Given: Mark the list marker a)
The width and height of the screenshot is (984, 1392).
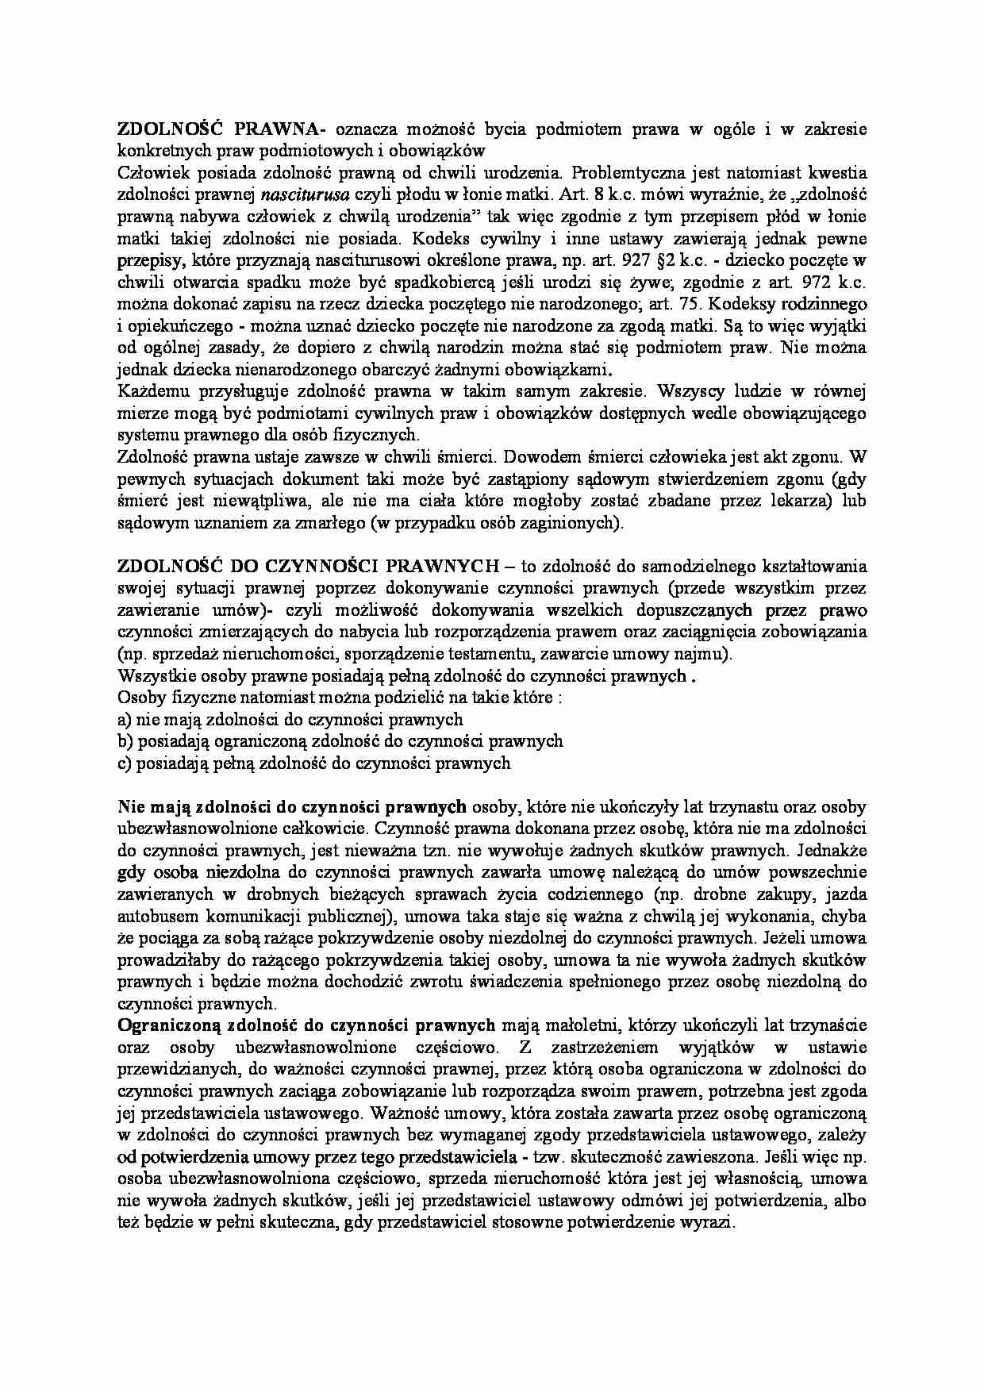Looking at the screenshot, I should pyautogui.click(x=124, y=720).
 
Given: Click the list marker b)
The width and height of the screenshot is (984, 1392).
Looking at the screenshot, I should pyautogui.click(x=125, y=741).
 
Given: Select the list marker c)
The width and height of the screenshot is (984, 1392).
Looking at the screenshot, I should pyautogui.click(x=124, y=763).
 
